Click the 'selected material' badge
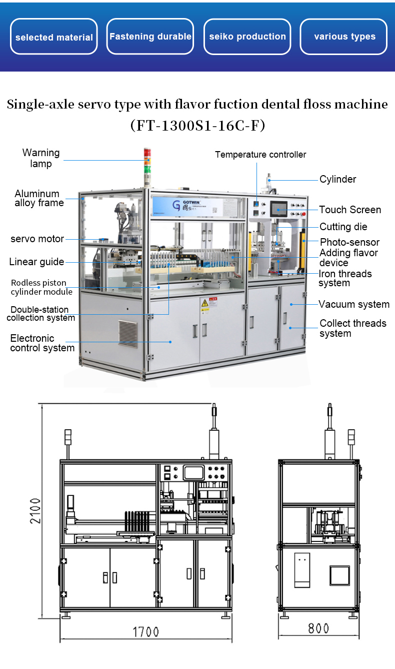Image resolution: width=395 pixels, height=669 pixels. point(54,37)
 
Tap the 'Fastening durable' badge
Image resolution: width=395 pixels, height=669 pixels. point(150,37)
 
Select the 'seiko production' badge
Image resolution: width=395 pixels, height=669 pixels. point(247,37)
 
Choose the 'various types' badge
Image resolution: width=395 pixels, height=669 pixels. point(344,37)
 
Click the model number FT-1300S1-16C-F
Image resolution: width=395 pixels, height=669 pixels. point(197,125)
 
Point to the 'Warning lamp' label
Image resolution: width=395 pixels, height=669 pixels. point(40,158)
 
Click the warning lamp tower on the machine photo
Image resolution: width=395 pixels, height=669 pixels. point(147,161)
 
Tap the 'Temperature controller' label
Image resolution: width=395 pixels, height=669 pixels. point(260,155)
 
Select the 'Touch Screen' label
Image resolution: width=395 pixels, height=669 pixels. point(350,210)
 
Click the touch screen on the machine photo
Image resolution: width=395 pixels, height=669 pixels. point(279,209)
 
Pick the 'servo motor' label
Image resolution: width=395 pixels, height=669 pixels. point(37,239)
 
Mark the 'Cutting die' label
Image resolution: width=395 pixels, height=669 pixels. point(343,227)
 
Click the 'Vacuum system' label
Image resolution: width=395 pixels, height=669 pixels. point(354,304)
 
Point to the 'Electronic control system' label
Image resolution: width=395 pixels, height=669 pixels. point(42,343)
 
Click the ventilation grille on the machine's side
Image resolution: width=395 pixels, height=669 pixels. point(127,334)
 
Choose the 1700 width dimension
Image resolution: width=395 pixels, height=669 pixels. point(145,632)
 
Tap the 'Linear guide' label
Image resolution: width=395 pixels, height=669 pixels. point(36,262)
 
